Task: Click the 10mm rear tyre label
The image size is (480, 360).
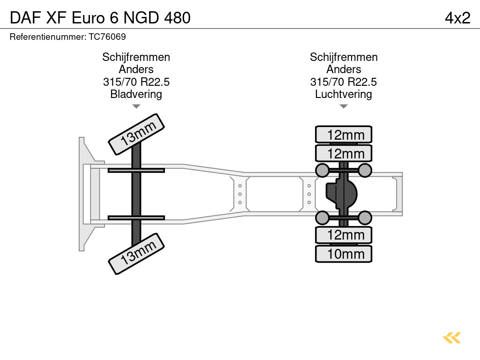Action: pyautogui.click(x=344, y=254)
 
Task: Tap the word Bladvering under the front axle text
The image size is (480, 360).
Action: pyautogui.click(x=136, y=94)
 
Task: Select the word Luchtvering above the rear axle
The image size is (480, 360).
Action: pyautogui.click(x=344, y=94)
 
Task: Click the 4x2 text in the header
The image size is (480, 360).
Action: pyautogui.click(x=457, y=18)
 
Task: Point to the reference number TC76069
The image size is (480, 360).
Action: pyautogui.click(x=107, y=37)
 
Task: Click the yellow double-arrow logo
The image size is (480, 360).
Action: pyautogui.click(x=451, y=337)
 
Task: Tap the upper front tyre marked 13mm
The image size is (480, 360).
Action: pyautogui.click(x=137, y=134)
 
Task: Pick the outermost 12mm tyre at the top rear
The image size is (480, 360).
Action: pyautogui.click(x=344, y=135)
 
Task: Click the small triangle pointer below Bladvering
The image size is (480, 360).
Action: pyautogui.click(x=136, y=106)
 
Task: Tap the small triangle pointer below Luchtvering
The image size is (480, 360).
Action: pyautogui.click(x=344, y=106)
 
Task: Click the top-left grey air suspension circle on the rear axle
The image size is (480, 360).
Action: pyautogui.click(x=322, y=170)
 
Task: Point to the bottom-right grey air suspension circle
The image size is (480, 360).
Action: pyautogui.click(x=365, y=217)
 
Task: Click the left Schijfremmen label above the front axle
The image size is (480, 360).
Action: pyautogui.click(x=136, y=57)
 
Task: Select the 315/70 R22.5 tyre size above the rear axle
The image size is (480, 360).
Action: pyautogui.click(x=344, y=82)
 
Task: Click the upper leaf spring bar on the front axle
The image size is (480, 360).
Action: pyautogui.click(x=136, y=170)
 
